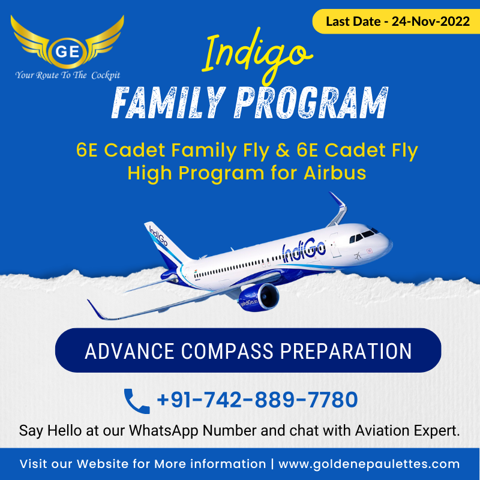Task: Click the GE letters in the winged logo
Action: (68, 52)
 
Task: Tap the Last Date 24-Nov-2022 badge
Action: (396, 22)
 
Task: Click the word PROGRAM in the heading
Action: (311, 103)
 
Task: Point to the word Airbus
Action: (335, 173)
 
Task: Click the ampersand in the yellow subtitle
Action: (283, 151)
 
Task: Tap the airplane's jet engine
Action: (259, 298)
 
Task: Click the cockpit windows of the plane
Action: (364, 235)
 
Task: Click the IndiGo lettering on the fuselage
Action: (304, 250)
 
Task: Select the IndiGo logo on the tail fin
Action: (158, 235)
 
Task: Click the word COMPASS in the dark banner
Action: (227, 351)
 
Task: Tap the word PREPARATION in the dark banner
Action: (346, 351)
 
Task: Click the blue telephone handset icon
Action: (137, 401)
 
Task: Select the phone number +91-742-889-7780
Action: (257, 400)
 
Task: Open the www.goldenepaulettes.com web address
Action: (369, 464)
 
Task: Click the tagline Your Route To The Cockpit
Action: (68, 75)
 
